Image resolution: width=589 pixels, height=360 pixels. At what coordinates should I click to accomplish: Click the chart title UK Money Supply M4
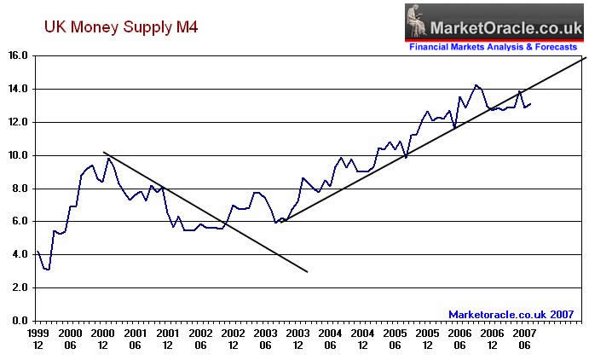point(121,28)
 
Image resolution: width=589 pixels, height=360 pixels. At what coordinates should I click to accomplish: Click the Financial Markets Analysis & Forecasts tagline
point(494,48)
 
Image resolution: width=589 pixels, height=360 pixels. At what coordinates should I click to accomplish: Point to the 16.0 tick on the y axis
point(19,55)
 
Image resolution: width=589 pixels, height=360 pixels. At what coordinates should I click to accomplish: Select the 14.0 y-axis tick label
point(19,89)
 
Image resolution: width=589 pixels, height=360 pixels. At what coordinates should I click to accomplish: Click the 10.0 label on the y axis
point(19,155)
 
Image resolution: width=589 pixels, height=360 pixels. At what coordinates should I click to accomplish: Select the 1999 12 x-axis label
point(37,339)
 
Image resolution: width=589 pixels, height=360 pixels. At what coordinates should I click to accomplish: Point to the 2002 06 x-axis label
point(199,339)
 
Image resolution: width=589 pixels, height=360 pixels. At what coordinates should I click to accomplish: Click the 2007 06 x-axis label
point(524,339)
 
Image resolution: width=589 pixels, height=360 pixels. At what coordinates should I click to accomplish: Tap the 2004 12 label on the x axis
point(362,339)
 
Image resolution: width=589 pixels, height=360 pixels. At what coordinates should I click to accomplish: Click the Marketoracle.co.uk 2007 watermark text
point(511,314)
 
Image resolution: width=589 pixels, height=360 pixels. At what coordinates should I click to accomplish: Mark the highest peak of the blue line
point(476,85)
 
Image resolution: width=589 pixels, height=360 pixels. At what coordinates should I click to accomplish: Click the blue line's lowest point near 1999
point(48,270)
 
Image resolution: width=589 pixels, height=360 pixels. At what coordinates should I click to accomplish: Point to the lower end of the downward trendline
point(307,272)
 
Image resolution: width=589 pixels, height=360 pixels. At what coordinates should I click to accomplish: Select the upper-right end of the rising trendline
point(585,57)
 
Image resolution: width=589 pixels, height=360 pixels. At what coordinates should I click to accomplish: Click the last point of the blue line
point(531,104)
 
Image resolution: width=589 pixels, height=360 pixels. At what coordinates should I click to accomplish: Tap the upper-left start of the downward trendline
point(102,152)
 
